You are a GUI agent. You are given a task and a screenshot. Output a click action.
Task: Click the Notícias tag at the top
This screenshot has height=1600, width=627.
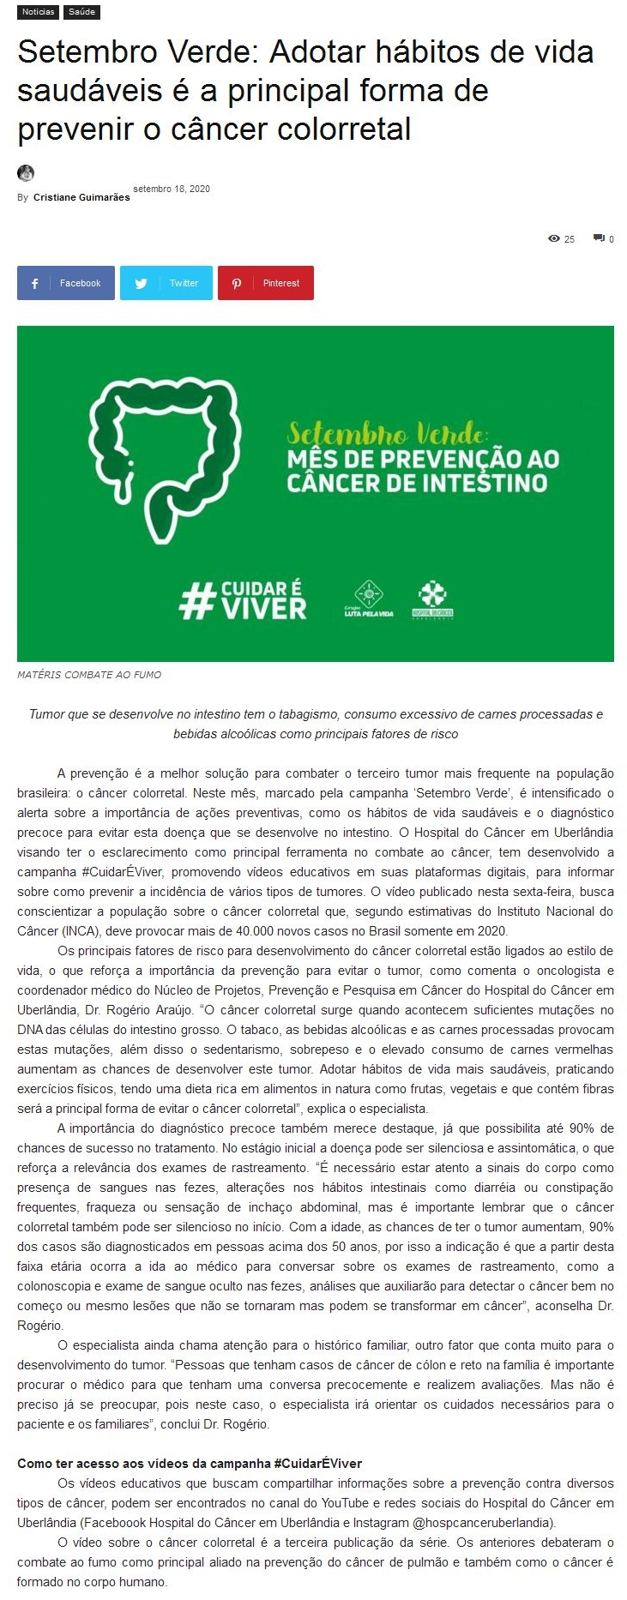[38, 12]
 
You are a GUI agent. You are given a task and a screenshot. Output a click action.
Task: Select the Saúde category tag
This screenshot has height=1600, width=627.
[82, 12]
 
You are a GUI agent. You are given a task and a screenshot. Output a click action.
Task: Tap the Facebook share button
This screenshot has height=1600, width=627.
[66, 283]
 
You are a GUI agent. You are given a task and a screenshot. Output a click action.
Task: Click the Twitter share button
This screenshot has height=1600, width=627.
[166, 283]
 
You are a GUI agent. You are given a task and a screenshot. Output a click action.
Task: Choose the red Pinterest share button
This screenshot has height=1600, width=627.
[266, 283]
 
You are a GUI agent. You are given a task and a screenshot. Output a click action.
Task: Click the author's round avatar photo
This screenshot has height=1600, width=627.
[26, 172]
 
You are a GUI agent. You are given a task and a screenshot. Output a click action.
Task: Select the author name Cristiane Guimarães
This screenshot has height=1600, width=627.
[81, 197]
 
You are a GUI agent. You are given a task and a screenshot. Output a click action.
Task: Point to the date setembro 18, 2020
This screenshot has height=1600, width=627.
[172, 189]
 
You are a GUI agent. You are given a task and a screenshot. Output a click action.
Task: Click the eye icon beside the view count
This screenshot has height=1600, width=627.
[554, 238]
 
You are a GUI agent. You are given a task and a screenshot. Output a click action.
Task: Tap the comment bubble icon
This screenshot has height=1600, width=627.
[599, 238]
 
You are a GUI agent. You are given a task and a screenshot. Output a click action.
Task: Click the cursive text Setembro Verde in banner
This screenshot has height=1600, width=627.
[387, 431]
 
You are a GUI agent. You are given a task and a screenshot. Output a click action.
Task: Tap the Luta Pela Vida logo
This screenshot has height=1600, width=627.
[369, 599]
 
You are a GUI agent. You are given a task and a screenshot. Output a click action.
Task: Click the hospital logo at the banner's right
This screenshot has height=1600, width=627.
[432, 599]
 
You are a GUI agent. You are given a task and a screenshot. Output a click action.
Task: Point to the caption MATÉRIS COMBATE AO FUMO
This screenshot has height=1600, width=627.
[89, 675]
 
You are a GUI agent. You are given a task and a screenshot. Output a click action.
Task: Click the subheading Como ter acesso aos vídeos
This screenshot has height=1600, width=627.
[190, 1464]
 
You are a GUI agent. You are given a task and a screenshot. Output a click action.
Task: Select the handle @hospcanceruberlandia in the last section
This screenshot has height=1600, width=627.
[471, 1523]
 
